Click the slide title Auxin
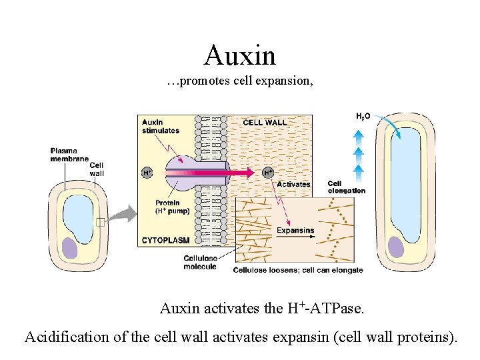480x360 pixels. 240,55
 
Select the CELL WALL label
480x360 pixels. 265,123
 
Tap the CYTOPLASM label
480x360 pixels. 165,239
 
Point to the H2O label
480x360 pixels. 363,117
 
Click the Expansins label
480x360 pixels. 295,231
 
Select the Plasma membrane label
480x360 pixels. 69,155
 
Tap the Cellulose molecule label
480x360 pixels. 200,263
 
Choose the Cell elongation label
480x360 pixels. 346,187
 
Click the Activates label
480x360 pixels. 293,184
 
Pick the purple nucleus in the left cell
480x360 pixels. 71,247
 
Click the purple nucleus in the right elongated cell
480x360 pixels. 396,247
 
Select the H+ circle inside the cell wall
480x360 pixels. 269,173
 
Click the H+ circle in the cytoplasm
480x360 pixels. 147,173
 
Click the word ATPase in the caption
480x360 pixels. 345,309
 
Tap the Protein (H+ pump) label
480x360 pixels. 173,207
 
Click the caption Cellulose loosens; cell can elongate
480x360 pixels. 297,270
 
